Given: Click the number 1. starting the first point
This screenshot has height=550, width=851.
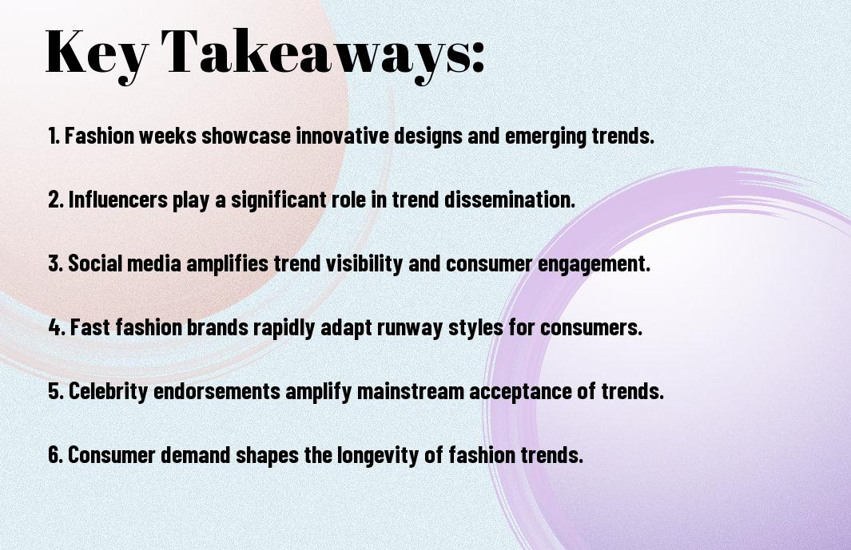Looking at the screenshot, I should (54, 137).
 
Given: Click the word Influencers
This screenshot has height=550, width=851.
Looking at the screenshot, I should (117, 200).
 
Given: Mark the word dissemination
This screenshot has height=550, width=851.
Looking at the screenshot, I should (513, 200).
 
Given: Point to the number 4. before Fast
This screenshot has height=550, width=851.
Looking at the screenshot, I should (57, 328).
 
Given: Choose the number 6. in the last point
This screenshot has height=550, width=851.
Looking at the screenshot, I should (56, 456).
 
